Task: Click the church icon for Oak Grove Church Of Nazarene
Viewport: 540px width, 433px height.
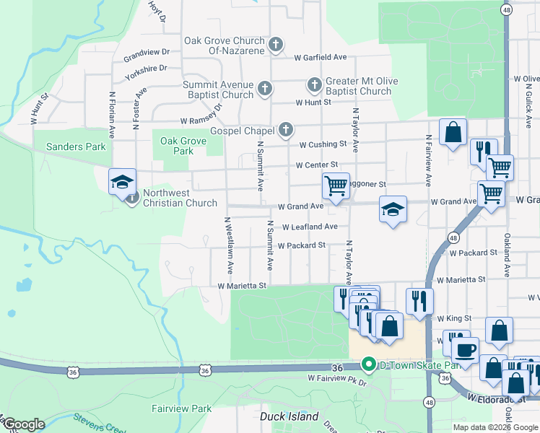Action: pyautogui.click(x=275, y=45)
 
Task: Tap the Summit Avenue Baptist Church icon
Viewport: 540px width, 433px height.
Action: pyautogui.click(x=265, y=89)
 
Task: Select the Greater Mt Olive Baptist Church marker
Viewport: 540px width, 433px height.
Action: pyautogui.click(x=314, y=85)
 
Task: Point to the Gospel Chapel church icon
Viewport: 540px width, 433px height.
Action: pyautogui.click(x=286, y=130)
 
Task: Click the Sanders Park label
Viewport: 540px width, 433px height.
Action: pyautogui.click(x=76, y=146)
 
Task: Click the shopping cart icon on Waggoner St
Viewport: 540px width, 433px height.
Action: pyautogui.click(x=336, y=185)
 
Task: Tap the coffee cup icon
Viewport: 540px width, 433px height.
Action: pyautogui.click(x=465, y=349)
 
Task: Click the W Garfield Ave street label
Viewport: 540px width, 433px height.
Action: pyautogui.click(x=320, y=57)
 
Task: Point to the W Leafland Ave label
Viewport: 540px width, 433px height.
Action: pyautogui.click(x=310, y=227)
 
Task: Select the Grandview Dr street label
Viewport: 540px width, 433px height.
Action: pyautogui.click(x=146, y=53)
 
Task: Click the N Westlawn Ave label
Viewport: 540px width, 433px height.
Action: pyautogui.click(x=228, y=245)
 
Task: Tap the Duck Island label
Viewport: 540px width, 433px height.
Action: pyautogui.click(x=289, y=416)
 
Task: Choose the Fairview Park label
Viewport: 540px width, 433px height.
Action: pyautogui.click(x=181, y=408)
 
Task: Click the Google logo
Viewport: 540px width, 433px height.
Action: pyautogui.click(x=23, y=424)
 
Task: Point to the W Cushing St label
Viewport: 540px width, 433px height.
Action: pyautogui.click(x=323, y=144)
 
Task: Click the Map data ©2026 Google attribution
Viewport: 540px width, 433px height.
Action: pyautogui.click(x=495, y=427)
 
